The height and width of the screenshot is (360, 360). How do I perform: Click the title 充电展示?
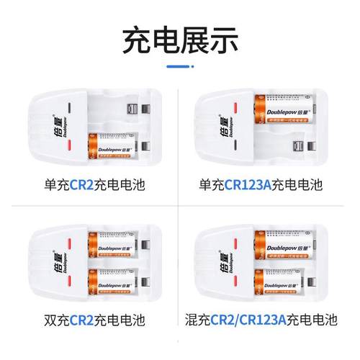click(180, 39)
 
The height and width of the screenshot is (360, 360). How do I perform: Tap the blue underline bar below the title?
click(180, 67)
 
